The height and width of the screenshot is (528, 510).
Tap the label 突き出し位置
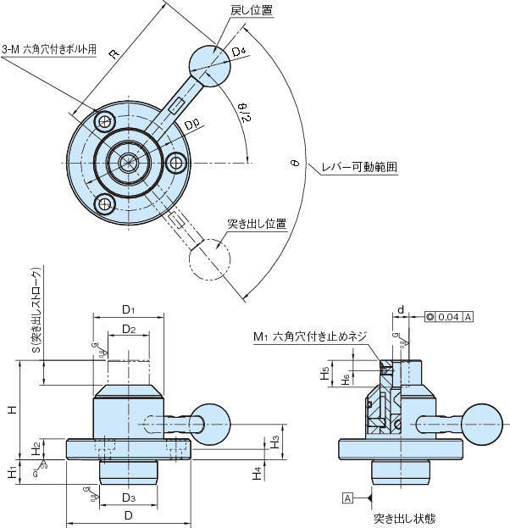(x=257, y=225)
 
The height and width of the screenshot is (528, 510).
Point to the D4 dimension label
(x=239, y=53)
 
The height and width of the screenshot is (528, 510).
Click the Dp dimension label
(x=191, y=125)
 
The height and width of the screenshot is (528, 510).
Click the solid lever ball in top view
(x=208, y=64)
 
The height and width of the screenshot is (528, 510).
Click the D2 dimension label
(x=129, y=328)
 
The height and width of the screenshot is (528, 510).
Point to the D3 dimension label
(x=129, y=496)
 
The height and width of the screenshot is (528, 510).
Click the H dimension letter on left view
(x=12, y=409)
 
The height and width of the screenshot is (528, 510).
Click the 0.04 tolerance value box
(x=449, y=316)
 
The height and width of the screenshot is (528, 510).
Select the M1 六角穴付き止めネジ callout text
(x=310, y=336)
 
